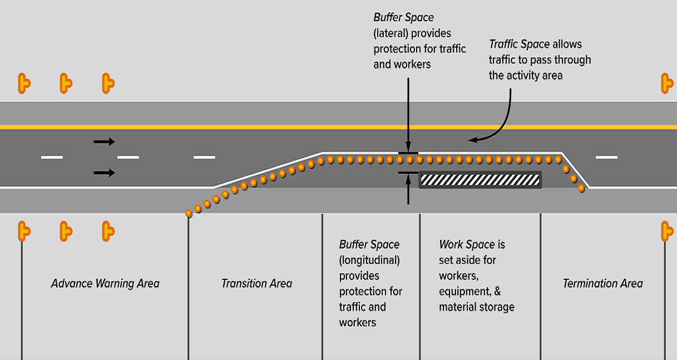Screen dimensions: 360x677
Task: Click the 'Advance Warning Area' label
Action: click(105, 284)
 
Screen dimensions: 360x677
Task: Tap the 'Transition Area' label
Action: click(256, 284)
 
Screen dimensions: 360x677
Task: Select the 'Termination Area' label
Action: click(602, 284)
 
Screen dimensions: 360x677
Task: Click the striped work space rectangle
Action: click(480, 180)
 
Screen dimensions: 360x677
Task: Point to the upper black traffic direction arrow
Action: click(104, 142)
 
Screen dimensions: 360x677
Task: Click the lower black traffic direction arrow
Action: click(104, 173)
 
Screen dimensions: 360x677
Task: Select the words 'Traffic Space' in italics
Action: click(519, 45)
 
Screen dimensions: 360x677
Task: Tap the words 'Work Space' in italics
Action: click(467, 245)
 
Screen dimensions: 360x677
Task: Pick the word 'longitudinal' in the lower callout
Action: click(369, 260)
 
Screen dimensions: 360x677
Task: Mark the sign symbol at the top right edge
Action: click(666, 83)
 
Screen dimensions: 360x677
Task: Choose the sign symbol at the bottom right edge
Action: click(666, 230)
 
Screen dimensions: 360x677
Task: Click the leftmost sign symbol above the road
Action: click(23, 83)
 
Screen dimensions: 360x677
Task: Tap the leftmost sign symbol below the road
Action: click(23, 230)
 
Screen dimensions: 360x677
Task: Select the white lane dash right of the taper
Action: click(606, 157)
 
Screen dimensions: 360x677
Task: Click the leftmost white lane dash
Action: click(52, 157)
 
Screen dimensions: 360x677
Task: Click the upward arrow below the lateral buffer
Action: click(408, 189)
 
